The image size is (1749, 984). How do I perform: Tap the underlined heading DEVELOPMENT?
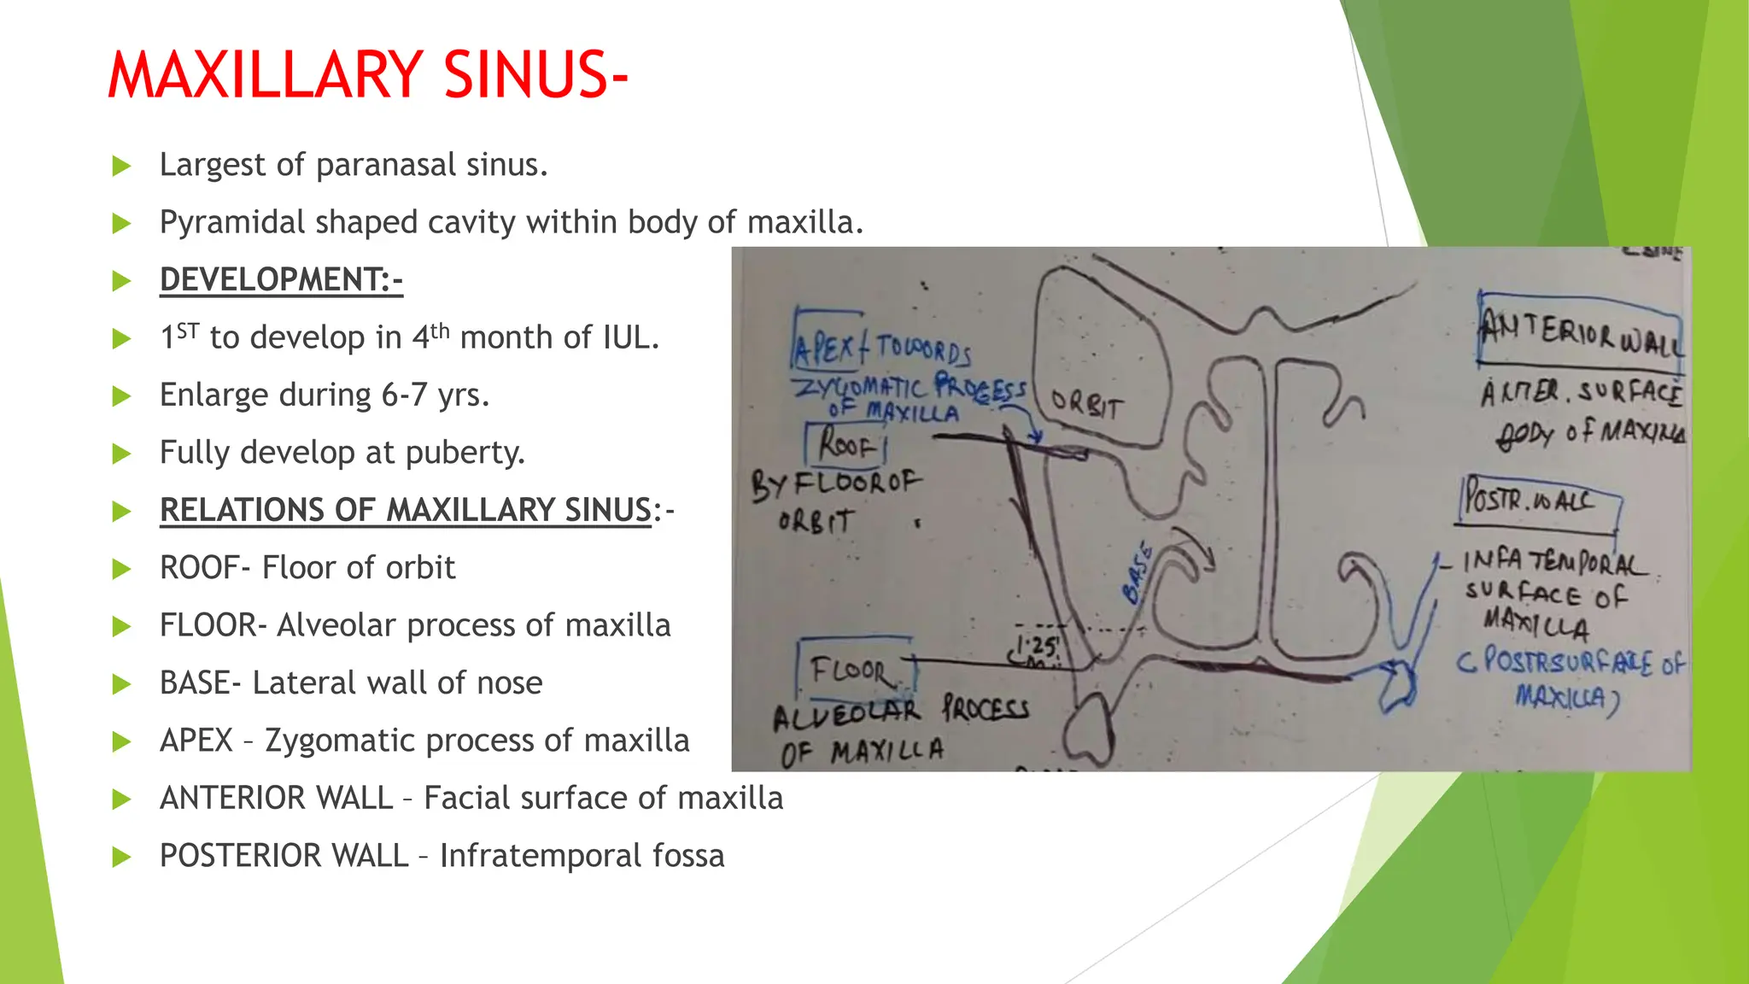coord(280,280)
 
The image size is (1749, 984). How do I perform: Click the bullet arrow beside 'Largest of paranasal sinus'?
coord(122,166)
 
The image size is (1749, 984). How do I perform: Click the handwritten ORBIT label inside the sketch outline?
coord(1085,404)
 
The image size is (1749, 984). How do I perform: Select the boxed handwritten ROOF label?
coord(846,444)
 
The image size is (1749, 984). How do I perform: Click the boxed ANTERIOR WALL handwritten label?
coord(1580,334)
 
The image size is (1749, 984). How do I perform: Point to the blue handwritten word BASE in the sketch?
coord(1138,573)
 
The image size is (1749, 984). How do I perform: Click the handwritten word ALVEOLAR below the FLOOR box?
coord(846,713)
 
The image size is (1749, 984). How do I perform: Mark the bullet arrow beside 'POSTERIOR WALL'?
coord(122,857)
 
